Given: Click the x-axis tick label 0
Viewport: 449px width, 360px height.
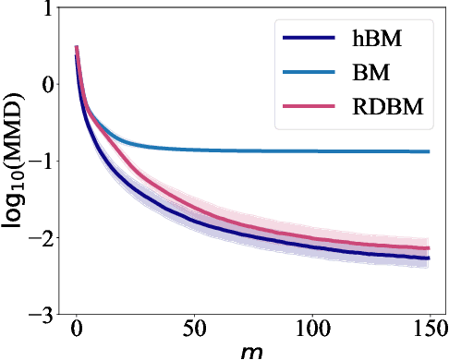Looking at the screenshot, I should click(x=77, y=330).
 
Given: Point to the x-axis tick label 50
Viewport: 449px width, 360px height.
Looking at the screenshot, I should click(x=194, y=330).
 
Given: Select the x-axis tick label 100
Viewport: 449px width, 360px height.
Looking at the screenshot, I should click(x=311, y=330).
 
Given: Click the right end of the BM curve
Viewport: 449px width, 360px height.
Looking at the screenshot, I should click(x=429, y=151).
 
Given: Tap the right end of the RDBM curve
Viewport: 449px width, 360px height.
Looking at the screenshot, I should click(x=429, y=248).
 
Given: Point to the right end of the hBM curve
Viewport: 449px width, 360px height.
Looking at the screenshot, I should click(x=429, y=258).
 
